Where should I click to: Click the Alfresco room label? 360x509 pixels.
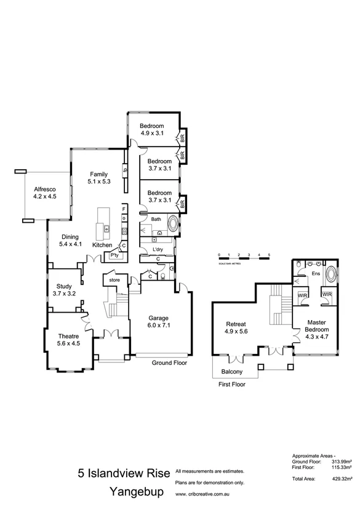click(x=45, y=193)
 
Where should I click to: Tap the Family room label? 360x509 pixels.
click(x=99, y=177)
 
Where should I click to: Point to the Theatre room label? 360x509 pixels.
click(x=69, y=340)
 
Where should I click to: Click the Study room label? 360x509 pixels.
click(x=64, y=290)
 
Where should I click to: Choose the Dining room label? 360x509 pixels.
click(x=70, y=240)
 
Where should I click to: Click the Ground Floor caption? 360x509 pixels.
click(x=169, y=363)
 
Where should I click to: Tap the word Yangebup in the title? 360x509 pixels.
click(x=136, y=492)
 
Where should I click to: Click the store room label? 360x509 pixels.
click(x=115, y=280)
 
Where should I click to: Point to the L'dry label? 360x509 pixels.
click(x=158, y=249)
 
